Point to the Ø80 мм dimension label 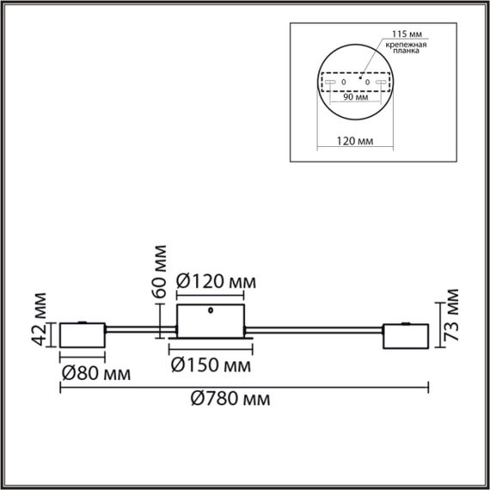point(95,374)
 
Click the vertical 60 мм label point(160,272)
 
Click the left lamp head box point(82,337)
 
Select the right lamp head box point(406,338)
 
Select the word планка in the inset point(404,52)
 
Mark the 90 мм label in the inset point(355,98)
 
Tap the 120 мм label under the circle point(355,141)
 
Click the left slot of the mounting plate point(330,82)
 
